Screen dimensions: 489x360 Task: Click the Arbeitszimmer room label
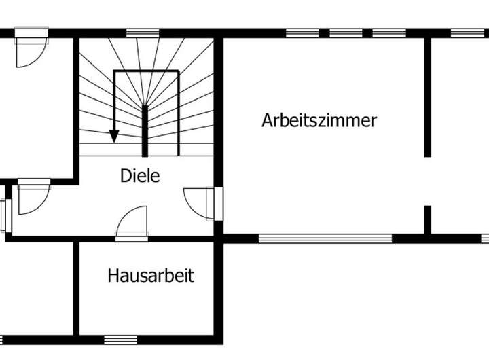[319, 121]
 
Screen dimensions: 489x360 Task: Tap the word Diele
[140, 175]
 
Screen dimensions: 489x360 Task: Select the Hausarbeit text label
[151, 276]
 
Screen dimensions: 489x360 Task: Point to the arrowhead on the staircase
[114, 136]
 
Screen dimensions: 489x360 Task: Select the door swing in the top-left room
[31, 50]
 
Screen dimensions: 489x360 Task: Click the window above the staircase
[143, 33]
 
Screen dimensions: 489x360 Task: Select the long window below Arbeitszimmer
[325, 238]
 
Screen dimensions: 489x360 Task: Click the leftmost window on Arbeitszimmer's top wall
[302, 33]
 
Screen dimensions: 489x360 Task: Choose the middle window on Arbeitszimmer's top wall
[346, 33]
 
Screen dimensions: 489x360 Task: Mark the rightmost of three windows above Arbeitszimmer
[389, 33]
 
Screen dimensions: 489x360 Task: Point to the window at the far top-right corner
[468, 33]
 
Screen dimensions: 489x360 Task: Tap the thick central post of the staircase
[145, 130]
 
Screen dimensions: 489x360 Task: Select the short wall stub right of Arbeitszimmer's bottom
[428, 219]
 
